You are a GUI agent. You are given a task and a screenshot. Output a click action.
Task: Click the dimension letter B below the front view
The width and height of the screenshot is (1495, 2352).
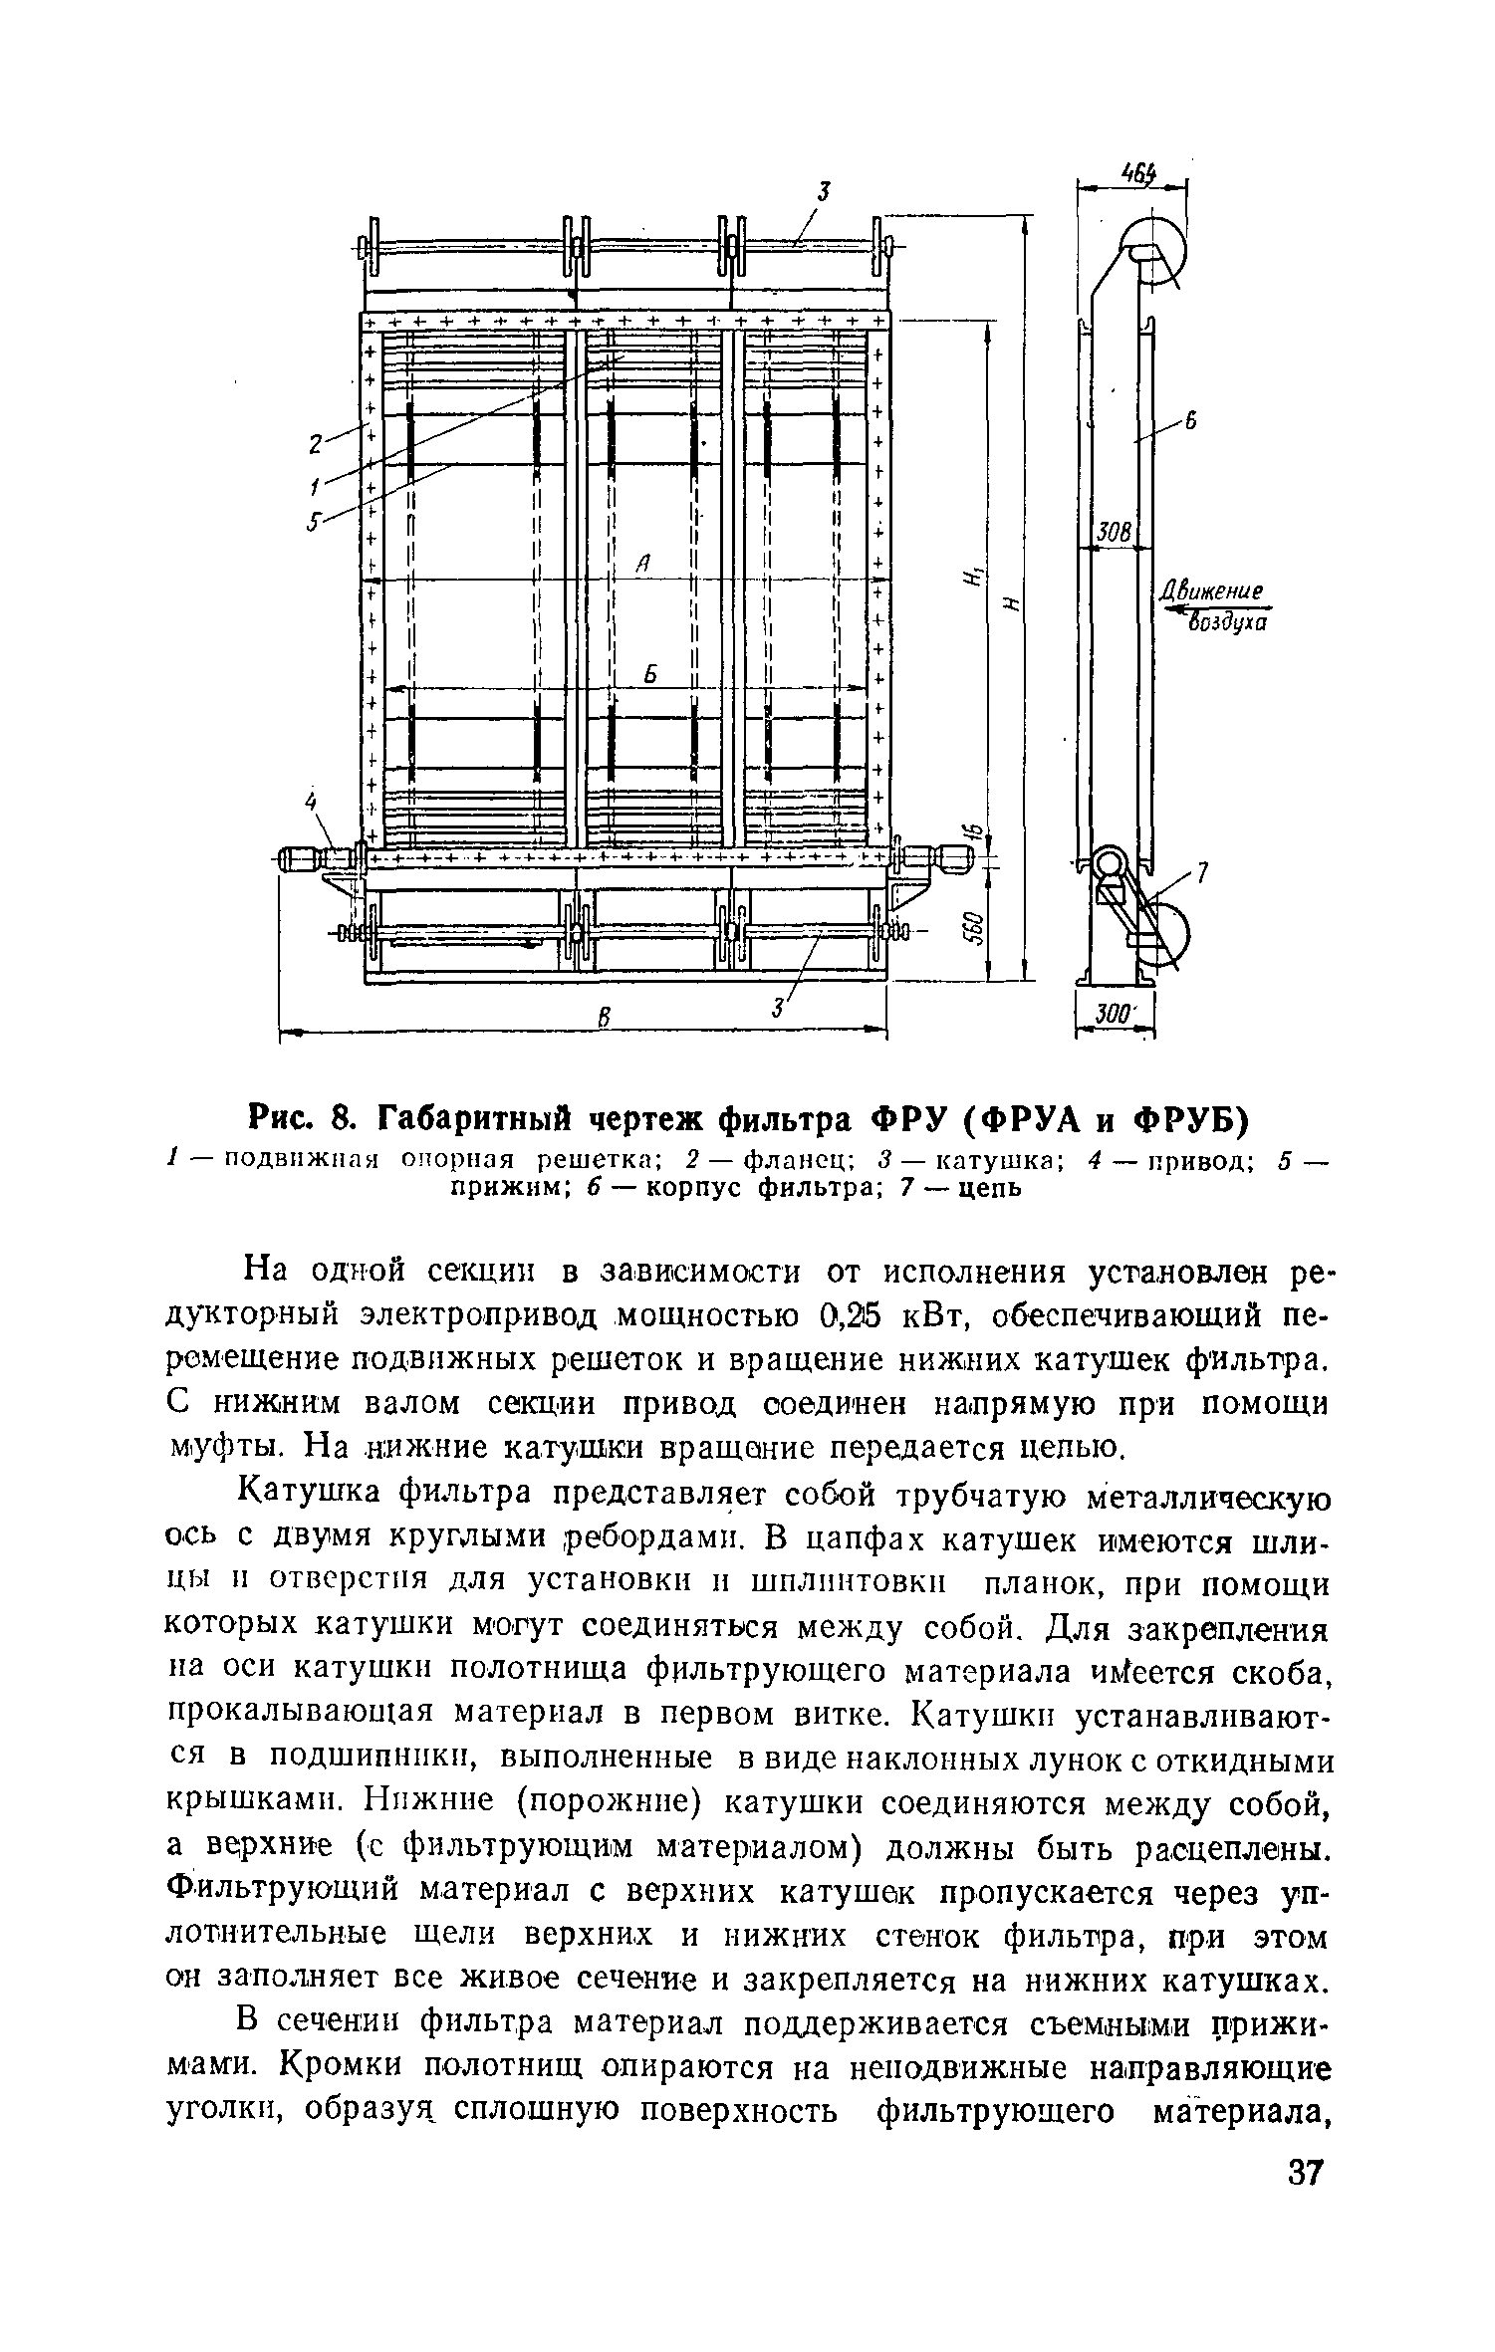pyautogui.click(x=602, y=1017)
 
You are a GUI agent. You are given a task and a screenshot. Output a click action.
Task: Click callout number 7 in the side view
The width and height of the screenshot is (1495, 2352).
pyautogui.click(x=1201, y=873)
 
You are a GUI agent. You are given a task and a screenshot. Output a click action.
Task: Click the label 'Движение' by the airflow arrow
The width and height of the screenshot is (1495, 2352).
pyautogui.click(x=1212, y=591)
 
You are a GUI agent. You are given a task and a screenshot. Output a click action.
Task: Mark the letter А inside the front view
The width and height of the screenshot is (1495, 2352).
pyautogui.click(x=642, y=566)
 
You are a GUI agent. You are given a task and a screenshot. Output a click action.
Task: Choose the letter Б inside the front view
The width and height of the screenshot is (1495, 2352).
pyautogui.click(x=648, y=675)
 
